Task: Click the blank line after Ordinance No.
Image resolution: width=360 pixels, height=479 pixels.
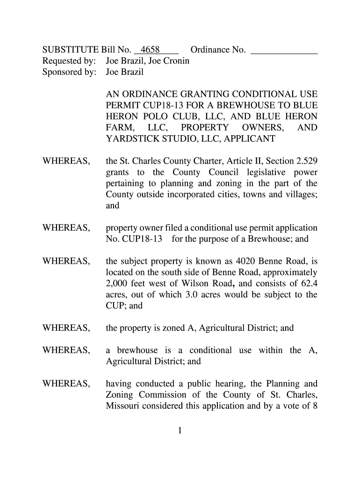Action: click(284, 50)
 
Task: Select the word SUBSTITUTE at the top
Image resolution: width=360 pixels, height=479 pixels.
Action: click(70, 50)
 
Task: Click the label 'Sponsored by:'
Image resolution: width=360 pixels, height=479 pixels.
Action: click(69, 72)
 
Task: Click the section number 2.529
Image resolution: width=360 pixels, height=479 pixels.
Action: click(307, 161)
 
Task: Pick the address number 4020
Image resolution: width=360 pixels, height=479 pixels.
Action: click(231, 261)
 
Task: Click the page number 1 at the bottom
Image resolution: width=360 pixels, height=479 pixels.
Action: click(180, 431)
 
